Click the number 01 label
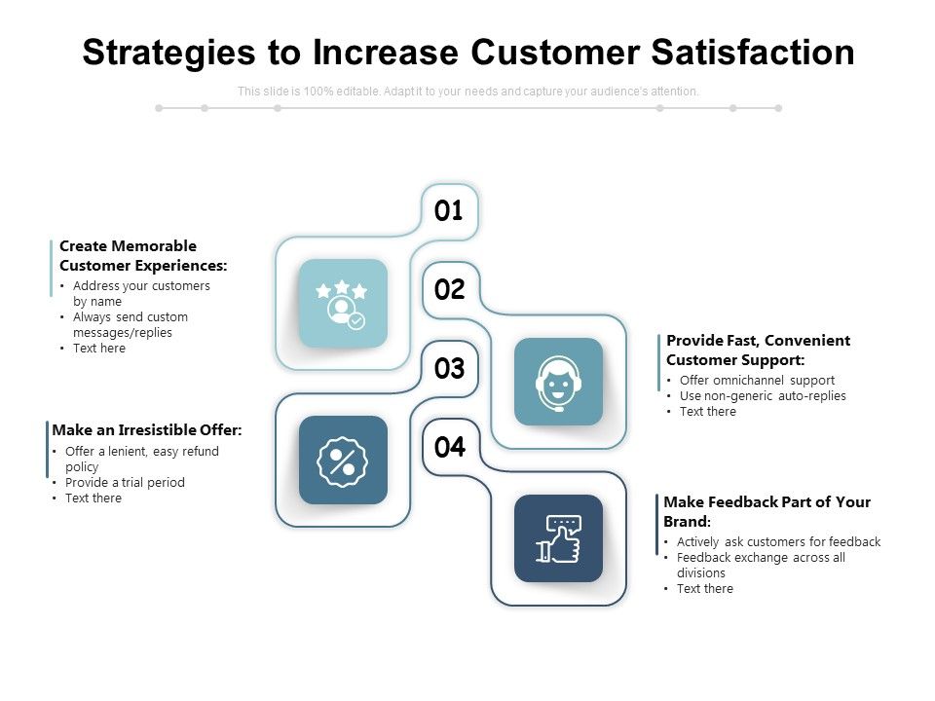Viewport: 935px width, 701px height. pyautogui.click(x=449, y=211)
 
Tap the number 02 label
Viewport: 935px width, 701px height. pyautogui.click(x=450, y=290)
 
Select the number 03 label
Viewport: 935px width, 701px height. pyautogui.click(x=450, y=369)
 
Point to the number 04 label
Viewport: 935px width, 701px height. pyautogui.click(x=450, y=448)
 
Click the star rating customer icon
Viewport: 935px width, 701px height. pyautogui.click(x=343, y=304)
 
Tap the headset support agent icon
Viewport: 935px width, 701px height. pyautogui.click(x=558, y=382)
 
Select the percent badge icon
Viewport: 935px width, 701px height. pyautogui.click(x=343, y=461)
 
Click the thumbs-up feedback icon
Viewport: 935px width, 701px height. pyautogui.click(x=558, y=538)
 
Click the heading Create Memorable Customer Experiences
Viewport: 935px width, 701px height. pyautogui.click(x=143, y=255)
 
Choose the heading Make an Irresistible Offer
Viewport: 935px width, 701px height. pyautogui.click(x=147, y=429)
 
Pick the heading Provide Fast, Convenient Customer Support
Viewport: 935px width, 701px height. pyautogui.click(x=758, y=350)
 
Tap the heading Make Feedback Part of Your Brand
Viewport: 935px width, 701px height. pyautogui.click(x=767, y=510)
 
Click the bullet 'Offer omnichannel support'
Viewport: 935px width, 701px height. pyautogui.click(x=757, y=380)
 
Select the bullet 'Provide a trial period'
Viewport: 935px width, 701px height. pyautogui.click(x=125, y=482)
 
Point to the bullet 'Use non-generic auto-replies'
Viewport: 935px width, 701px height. pyautogui.click(x=763, y=395)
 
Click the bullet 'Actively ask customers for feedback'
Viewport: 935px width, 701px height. pyautogui.click(x=779, y=541)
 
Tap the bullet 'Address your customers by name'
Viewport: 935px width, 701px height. pyautogui.click(x=141, y=293)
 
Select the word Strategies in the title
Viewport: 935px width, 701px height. pyautogui.click(x=173, y=53)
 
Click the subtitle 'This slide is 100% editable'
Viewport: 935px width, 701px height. pyautogui.click(x=467, y=92)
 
